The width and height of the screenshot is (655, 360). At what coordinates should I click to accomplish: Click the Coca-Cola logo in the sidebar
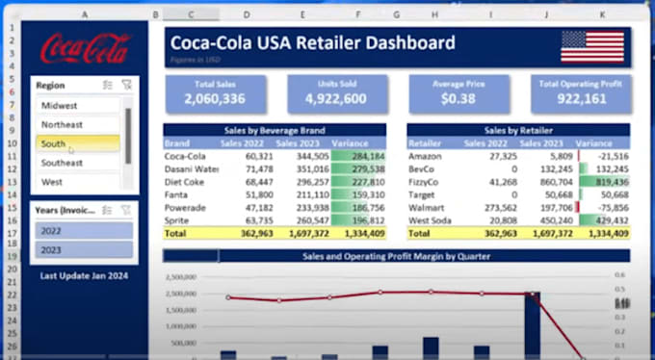(85, 47)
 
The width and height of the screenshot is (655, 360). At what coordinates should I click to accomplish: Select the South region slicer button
(77, 143)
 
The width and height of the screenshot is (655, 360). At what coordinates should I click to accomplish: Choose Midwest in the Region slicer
(77, 105)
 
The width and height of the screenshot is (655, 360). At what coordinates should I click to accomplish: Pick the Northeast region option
(77, 124)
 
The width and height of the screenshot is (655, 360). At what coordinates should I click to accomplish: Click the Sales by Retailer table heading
(517, 129)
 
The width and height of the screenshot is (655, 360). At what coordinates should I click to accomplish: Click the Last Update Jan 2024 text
(84, 275)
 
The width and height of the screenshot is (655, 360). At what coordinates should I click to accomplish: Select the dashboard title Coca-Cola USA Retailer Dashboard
(311, 42)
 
